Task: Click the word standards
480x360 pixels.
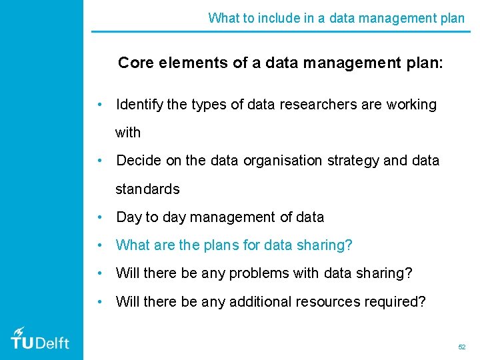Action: (x=147, y=189)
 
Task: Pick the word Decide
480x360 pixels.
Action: (x=137, y=161)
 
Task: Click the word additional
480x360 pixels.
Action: (x=261, y=301)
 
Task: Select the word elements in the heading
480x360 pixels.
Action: (x=186, y=63)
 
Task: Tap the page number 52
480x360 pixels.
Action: (x=461, y=347)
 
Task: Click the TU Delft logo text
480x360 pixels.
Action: (x=40, y=343)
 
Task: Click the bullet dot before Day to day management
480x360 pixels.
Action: (x=99, y=217)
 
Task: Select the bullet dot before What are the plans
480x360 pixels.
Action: (x=99, y=245)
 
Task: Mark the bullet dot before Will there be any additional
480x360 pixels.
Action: (x=99, y=301)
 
